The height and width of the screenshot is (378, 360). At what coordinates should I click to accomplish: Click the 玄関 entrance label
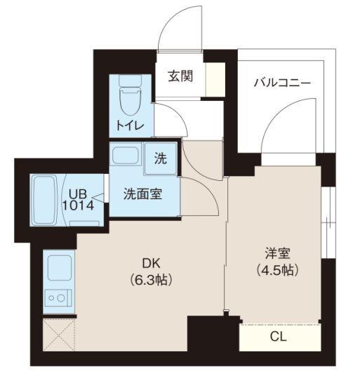(180, 76)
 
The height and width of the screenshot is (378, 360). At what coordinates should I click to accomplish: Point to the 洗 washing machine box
(161, 159)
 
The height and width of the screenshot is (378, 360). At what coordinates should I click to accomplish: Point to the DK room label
(151, 264)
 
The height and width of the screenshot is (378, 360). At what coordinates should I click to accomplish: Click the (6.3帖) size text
(151, 279)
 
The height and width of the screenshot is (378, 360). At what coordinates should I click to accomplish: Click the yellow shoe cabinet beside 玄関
(215, 78)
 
